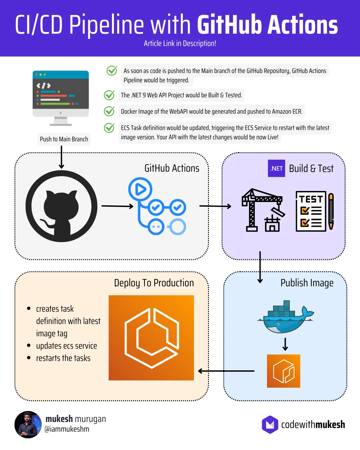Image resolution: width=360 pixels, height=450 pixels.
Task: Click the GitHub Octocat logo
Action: pyautogui.click(x=61, y=206)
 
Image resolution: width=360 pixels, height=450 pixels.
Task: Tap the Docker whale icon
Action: pyautogui.click(x=285, y=317)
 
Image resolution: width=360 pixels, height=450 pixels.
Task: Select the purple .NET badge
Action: pyautogui.click(x=276, y=168)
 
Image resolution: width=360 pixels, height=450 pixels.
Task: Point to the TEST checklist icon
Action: pyautogui.click(x=314, y=211)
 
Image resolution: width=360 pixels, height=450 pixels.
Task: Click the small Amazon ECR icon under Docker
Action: pyautogui.click(x=283, y=371)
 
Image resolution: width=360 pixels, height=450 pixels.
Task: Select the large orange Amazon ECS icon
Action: pyautogui.click(x=151, y=338)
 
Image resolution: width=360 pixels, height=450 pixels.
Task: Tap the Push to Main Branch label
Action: pyautogui.click(x=64, y=139)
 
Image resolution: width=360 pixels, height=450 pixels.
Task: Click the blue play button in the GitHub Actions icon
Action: pyautogui.click(x=140, y=189)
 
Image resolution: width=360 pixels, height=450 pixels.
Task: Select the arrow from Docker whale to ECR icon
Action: pyautogui.click(x=285, y=344)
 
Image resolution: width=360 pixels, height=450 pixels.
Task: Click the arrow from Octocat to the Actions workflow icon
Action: pyautogui.click(x=117, y=206)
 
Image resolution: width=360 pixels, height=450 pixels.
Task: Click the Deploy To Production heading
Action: pyautogui.click(x=154, y=283)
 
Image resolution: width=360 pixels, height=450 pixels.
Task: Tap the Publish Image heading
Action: pyautogui.click(x=307, y=283)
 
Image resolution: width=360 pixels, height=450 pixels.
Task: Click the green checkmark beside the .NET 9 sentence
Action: pyautogui.click(x=109, y=95)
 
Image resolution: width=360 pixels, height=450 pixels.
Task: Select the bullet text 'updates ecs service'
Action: pyautogui.click(x=66, y=346)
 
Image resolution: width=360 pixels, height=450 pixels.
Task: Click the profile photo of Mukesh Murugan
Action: pyautogui.click(x=28, y=424)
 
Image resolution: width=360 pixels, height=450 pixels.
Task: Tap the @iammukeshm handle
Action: pyautogui.click(x=67, y=429)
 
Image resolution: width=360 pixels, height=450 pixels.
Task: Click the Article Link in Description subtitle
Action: pyautogui.click(x=180, y=43)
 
